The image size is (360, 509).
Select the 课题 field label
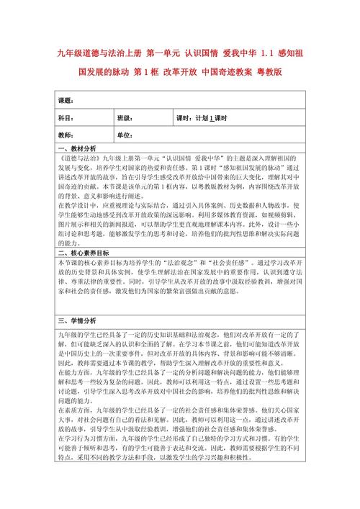pyautogui.click(x=66, y=99)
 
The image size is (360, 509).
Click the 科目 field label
pyautogui.click(x=66, y=117)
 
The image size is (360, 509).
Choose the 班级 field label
pyautogui.click(x=125, y=117)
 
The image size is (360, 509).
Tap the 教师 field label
pyautogui.click(x=66, y=135)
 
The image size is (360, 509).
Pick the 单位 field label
pyautogui.click(x=125, y=135)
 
